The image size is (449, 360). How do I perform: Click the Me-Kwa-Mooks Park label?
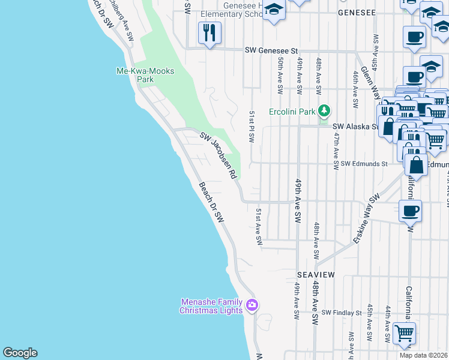[145, 75]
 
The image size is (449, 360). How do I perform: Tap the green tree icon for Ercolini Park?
[324, 111]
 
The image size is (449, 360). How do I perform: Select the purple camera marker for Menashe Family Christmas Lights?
[252, 305]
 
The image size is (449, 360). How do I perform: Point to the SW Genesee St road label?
[271, 52]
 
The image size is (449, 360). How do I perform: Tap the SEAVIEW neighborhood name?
[315, 274]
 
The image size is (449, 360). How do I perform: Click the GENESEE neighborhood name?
[357, 12]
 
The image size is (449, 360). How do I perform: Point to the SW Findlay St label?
[342, 313]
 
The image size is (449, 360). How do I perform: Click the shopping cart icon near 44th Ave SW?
[404, 333]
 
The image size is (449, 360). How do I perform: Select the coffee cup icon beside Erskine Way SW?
[411, 211]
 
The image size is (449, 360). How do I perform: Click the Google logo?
[20, 353]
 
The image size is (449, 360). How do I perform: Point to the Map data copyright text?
[423, 355]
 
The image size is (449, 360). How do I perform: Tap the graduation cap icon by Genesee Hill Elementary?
[274, 10]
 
